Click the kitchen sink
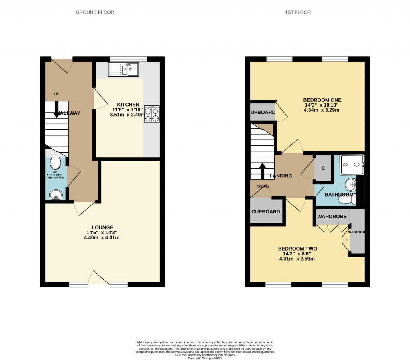point(123,70)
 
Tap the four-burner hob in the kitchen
point(152,113)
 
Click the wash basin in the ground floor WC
point(56,195)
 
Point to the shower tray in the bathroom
point(352,165)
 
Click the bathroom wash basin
point(351,185)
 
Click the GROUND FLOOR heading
point(95,12)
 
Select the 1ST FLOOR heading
point(297,12)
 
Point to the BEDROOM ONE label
point(322,100)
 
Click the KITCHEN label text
point(127,104)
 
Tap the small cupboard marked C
point(323,168)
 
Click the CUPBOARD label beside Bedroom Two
point(266,212)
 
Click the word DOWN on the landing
point(263,187)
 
